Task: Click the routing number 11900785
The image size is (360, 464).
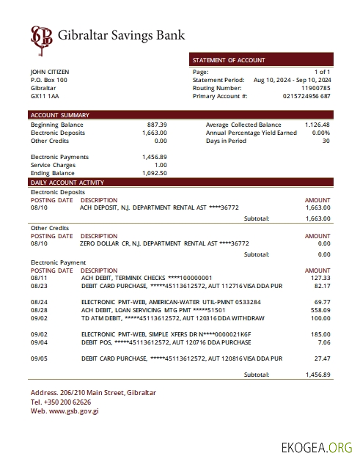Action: coord(316,88)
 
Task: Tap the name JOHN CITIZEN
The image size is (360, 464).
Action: coord(50,72)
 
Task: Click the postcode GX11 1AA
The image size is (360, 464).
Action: coord(45,96)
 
